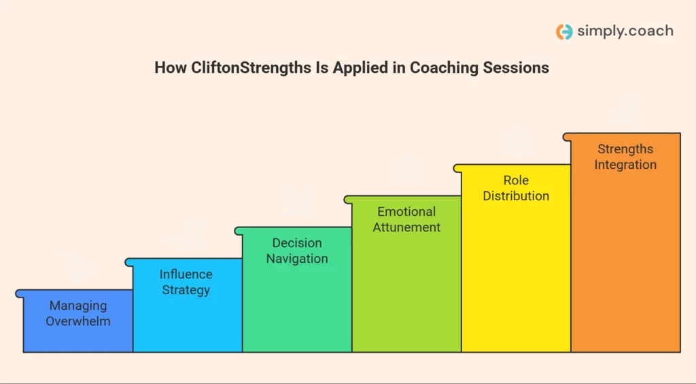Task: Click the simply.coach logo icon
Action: pos(564,31)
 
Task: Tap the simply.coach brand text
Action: pos(625,31)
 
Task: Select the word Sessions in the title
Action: pos(521,68)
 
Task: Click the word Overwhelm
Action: pos(78,321)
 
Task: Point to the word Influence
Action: pos(186,274)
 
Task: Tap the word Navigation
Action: pos(297,259)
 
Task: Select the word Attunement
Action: pos(406,227)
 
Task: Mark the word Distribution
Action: pos(516,196)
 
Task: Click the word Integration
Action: pos(625,165)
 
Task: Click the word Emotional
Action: pos(406,212)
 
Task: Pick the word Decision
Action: pos(297,243)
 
